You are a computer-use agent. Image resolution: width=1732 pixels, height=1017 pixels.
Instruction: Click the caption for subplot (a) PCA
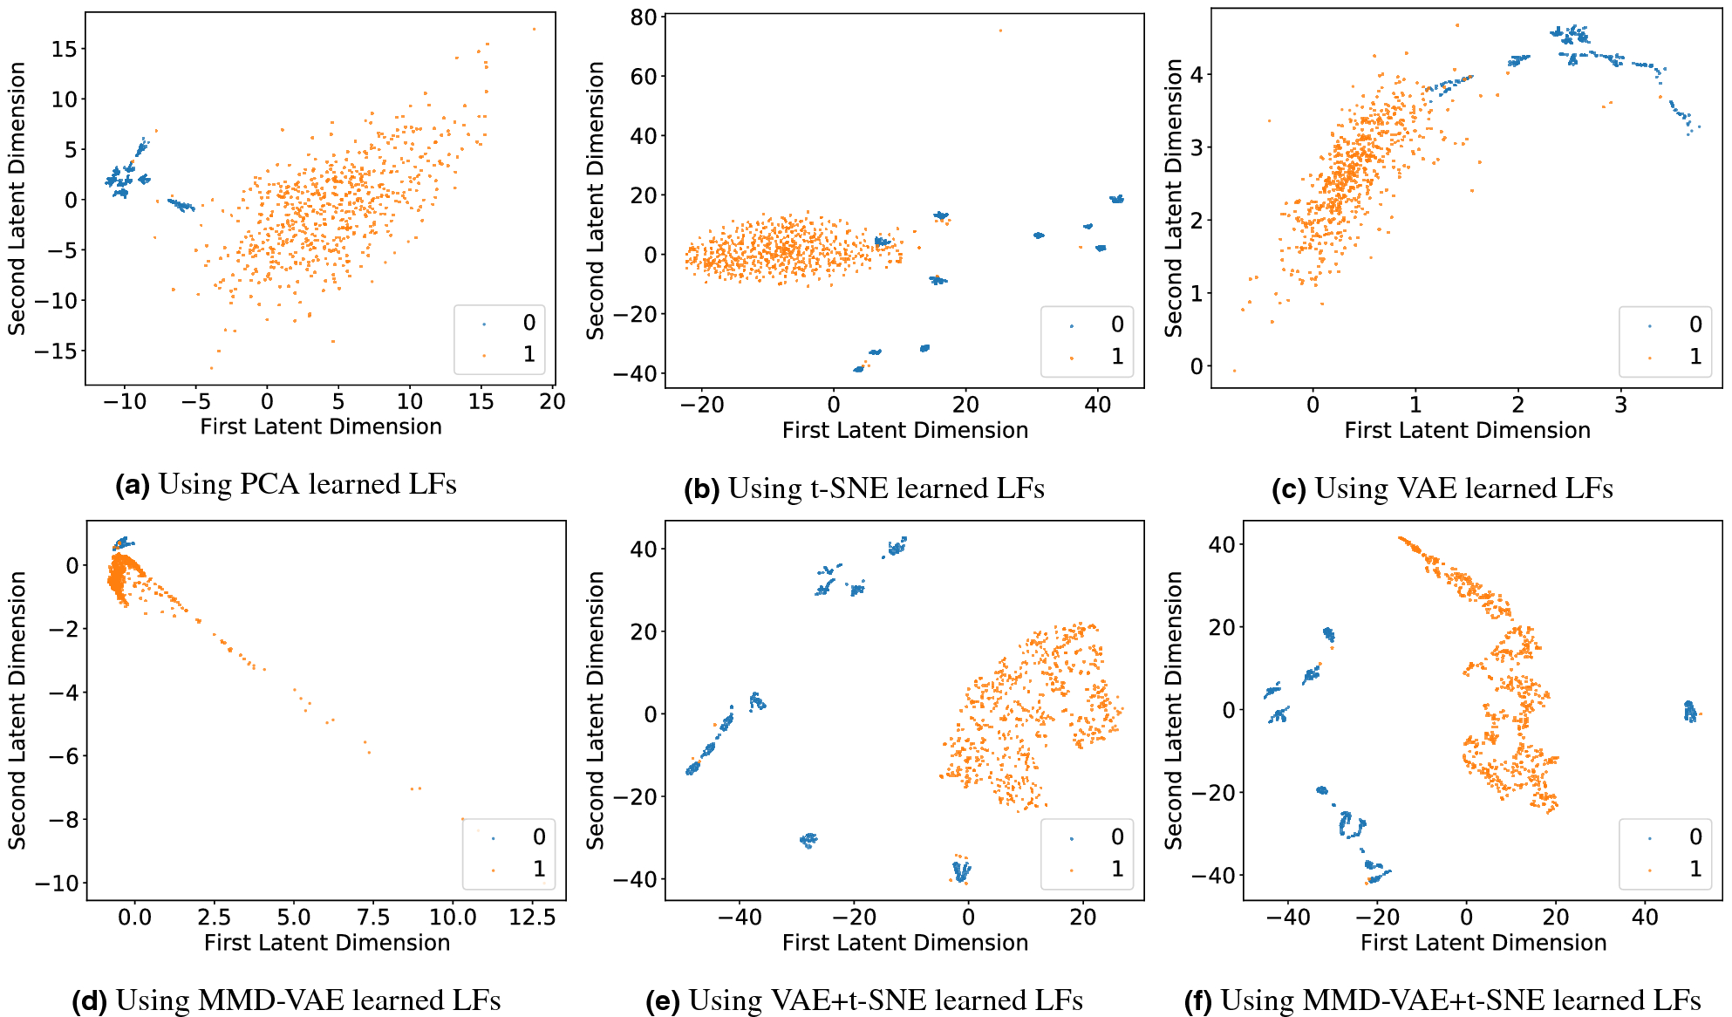pyautogui.click(x=286, y=484)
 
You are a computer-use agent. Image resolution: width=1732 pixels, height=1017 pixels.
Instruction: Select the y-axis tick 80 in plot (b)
pyautogui.click(x=644, y=17)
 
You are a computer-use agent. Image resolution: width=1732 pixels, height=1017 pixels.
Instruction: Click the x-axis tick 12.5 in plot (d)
pyautogui.click(x=532, y=918)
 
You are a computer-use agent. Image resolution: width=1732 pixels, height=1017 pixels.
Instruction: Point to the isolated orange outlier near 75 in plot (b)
pyautogui.click(x=1000, y=31)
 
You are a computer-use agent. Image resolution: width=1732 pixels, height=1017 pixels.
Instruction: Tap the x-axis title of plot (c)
pyautogui.click(x=1467, y=430)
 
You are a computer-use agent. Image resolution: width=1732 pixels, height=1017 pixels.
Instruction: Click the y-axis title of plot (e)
pyautogui.click(x=596, y=710)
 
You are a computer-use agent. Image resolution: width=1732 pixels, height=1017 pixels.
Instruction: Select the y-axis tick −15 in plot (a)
pyautogui.click(x=55, y=351)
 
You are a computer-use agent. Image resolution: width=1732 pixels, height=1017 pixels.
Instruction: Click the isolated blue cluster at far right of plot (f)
pyautogui.click(x=1689, y=712)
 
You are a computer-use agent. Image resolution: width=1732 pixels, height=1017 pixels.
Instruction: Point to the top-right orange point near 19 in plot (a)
pyautogui.click(x=534, y=29)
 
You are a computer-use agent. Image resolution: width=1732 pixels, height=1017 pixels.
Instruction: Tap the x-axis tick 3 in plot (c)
pyautogui.click(x=1620, y=405)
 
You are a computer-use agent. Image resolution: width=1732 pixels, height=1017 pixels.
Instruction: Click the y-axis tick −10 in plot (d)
pyautogui.click(x=57, y=883)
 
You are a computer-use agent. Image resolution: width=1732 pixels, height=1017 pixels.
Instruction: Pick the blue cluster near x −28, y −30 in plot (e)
pyautogui.click(x=808, y=840)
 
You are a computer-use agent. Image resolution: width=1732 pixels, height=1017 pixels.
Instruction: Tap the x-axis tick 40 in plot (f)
pyautogui.click(x=1645, y=918)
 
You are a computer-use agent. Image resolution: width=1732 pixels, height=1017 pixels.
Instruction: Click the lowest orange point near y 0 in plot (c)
pyautogui.click(x=1234, y=371)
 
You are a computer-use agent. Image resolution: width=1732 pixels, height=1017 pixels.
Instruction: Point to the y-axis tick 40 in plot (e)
pyautogui.click(x=644, y=549)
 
